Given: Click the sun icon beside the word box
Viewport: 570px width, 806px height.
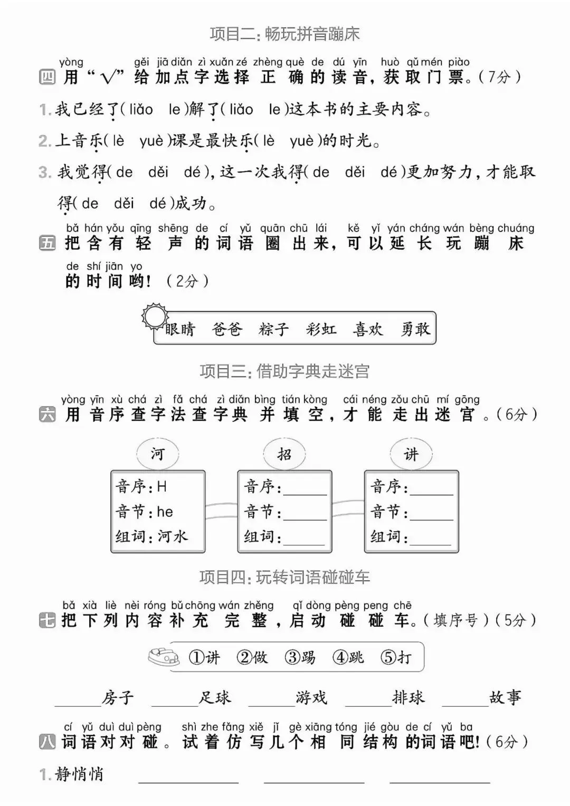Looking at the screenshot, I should pos(155,316).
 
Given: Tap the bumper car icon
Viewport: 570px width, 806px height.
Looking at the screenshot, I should pos(163,657).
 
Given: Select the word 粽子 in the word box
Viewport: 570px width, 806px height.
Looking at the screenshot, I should pos(273,329).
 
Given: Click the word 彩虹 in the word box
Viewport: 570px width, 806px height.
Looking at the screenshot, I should pos(320,329).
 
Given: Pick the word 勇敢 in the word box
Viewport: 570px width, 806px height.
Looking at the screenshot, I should pos(415,329).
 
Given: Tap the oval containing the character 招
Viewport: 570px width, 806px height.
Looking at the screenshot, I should pos(284,454).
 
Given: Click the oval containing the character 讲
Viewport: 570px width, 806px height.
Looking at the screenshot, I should pos(411,454).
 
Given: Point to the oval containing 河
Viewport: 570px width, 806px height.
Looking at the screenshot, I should pos(158,454).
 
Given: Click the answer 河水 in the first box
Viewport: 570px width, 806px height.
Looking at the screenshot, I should pos(173,536).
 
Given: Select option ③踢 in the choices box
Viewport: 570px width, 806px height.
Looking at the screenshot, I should pos(300,657).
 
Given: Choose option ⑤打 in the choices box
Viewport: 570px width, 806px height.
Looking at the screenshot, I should pos(396,657).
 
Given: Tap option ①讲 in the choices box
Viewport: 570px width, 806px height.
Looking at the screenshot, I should pos(204,657).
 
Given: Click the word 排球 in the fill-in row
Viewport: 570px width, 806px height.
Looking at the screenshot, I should pos(408,697).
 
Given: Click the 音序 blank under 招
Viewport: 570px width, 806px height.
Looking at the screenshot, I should pos(305,488).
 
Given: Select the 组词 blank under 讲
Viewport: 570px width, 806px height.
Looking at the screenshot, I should pos(431,538).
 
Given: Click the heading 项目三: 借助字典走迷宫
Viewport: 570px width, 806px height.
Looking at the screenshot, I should pos(284,371).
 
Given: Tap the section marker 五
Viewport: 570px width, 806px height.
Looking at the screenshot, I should pos(47,243).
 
